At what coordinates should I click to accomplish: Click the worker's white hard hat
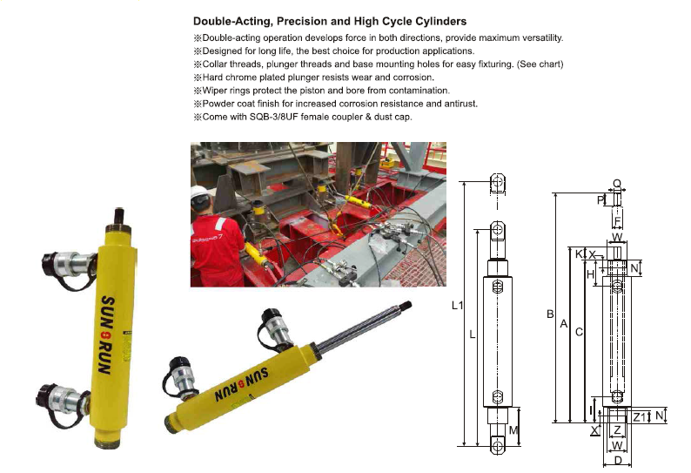[x=198, y=194]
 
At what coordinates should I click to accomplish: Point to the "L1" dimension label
[x=458, y=305]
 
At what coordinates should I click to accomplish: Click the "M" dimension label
[x=513, y=429]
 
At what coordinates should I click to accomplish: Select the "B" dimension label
[x=550, y=314]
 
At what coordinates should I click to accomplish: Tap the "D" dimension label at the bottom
[x=618, y=461]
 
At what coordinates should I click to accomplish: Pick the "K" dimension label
[x=579, y=254]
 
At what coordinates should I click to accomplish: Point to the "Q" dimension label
[x=617, y=184]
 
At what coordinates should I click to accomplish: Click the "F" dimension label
[x=617, y=220]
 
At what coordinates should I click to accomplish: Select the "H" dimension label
[x=591, y=274]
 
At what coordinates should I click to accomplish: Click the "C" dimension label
[x=579, y=332]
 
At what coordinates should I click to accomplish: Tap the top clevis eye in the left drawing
[x=498, y=183]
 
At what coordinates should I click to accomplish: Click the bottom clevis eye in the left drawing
[x=498, y=445]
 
